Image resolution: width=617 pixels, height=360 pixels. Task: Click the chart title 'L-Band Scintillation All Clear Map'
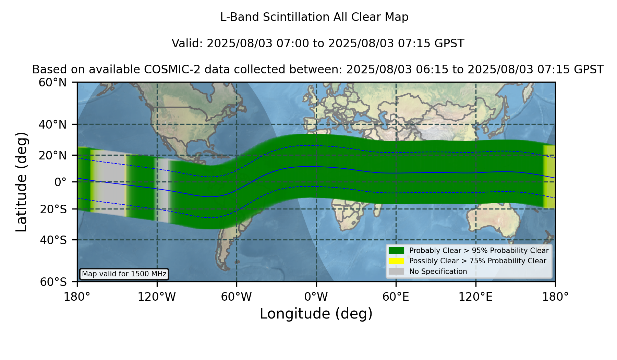click(314, 17)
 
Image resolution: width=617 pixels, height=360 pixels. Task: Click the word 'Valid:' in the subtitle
click(187, 44)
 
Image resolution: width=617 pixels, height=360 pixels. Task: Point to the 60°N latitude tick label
click(52, 82)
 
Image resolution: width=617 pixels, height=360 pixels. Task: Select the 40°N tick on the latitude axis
click(52, 124)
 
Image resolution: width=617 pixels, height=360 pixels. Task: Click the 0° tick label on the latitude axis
click(60, 182)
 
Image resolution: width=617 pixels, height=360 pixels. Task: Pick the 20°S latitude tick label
click(53, 209)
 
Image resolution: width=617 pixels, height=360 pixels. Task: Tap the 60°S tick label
click(53, 282)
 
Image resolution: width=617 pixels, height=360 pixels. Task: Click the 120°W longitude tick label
click(157, 297)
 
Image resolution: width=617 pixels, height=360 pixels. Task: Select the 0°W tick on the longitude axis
click(316, 297)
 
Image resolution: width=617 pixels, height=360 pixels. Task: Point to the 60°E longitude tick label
click(396, 297)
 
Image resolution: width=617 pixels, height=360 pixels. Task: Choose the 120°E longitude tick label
click(475, 297)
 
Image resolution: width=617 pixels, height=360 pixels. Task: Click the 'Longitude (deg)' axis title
click(316, 314)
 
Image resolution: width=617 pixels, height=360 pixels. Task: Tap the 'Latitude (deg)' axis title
click(21, 182)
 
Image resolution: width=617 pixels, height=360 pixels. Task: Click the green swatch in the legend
click(396, 250)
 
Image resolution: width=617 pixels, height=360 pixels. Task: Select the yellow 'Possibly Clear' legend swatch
click(396, 261)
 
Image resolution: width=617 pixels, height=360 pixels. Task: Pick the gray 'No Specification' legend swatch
click(396, 272)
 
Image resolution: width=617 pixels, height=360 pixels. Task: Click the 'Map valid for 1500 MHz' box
click(124, 274)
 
